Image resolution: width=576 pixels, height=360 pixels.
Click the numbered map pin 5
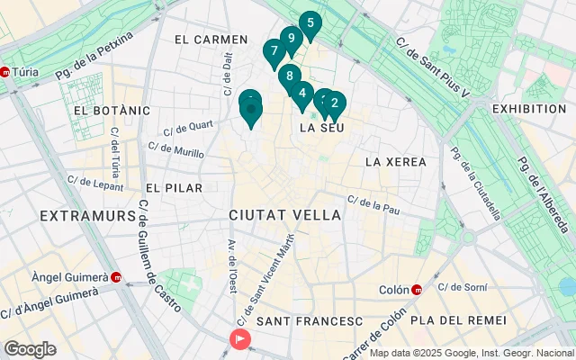pyautogui.click(x=310, y=23)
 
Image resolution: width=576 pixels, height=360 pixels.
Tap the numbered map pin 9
pyautogui.click(x=290, y=39)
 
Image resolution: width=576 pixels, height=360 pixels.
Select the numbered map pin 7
pyautogui.click(x=274, y=51)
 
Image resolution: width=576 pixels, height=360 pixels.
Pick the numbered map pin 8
pyautogui.click(x=289, y=76)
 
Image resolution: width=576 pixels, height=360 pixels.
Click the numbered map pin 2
pyautogui.click(x=335, y=103)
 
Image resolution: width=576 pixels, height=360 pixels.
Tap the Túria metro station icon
pyautogui.click(x=7, y=74)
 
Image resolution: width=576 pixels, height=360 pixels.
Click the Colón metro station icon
pyautogui.click(x=417, y=290)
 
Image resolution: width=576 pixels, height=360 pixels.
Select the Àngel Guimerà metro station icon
pyautogui.click(x=116, y=276)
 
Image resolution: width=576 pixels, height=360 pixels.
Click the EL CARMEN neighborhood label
pyautogui.click(x=211, y=40)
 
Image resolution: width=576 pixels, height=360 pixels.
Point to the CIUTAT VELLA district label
pyautogui.click(x=284, y=216)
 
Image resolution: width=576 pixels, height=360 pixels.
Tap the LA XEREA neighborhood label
pyautogui.click(x=393, y=161)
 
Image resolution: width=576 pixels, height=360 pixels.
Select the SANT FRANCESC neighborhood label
pyautogui.click(x=310, y=321)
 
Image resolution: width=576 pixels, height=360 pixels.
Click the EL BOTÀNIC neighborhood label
pyautogui.click(x=112, y=110)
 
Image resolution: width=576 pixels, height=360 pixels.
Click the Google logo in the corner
pyautogui.click(x=30, y=348)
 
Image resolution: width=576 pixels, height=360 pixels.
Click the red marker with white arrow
pyautogui.click(x=240, y=338)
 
